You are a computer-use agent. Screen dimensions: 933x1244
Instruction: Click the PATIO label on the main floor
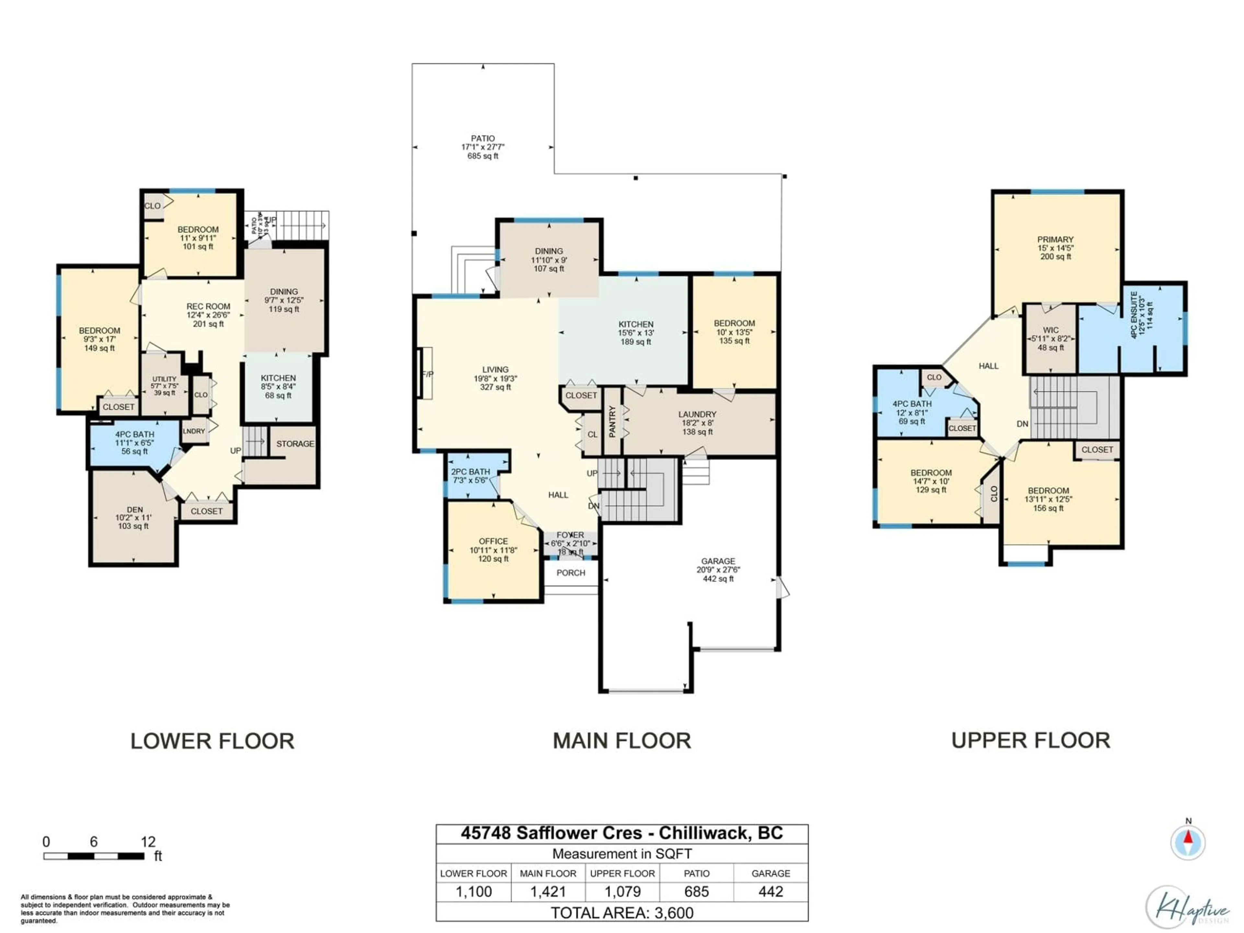tap(482, 138)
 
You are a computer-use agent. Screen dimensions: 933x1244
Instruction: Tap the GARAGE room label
tap(718, 561)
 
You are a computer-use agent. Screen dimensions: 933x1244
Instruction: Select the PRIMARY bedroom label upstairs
tap(1055, 240)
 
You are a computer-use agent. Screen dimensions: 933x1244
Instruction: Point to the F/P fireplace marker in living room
tap(427, 374)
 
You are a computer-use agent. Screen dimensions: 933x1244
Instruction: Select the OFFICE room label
tap(493, 541)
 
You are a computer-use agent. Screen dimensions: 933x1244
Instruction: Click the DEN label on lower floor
tap(134, 510)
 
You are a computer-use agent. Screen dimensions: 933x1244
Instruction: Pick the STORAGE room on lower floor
tap(295, 444)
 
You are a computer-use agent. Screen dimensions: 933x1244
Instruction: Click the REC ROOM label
tap(208, 306)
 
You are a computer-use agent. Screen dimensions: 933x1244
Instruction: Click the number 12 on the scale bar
tap(148, 842)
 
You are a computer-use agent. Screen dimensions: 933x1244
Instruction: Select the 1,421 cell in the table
tap(548, 892)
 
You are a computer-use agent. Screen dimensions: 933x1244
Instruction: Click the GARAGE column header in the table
tap(770, 873)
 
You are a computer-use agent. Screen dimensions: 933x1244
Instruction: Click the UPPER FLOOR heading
tap(1030, 741)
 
